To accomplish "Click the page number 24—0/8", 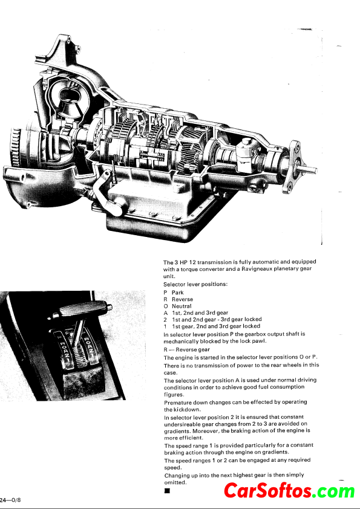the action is coord(10,500).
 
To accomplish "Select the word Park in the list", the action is coord(178,293).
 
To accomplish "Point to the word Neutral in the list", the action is coord(182,306).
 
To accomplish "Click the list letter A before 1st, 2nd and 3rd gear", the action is coord(166,313).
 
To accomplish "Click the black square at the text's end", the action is coord(167,490).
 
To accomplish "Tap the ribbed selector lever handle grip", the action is coord(83,309).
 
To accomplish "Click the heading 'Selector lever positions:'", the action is coord(195,284).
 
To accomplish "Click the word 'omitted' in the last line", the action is coord(175,483).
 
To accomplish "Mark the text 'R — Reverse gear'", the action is coord(186,349).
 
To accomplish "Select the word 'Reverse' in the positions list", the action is coord(182,299).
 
